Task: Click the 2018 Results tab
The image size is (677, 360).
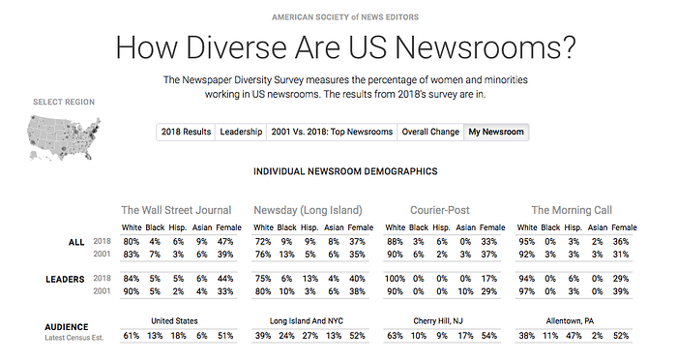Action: (186, 132)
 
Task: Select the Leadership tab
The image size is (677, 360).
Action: (241, 132)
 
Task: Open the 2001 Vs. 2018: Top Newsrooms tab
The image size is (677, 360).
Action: (332, 132)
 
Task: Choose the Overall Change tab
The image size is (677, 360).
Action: (430, 132)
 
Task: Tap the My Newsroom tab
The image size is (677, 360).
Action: (496, 132)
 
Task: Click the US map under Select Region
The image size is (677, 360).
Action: (64, 137)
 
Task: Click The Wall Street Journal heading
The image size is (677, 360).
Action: (176, 210)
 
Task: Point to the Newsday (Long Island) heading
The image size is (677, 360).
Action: (308, 210)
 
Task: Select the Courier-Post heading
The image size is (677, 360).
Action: (439, 210)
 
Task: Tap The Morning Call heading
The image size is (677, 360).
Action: (572, 210)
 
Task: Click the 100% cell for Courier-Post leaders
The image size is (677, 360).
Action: (395, 279)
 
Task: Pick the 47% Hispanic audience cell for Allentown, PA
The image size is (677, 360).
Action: (574, 336)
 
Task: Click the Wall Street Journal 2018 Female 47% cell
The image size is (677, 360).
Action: (225, 242)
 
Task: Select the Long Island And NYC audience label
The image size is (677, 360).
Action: (307, 321)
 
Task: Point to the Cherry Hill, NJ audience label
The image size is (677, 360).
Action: (438, 321)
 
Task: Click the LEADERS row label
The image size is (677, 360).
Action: (65, 280)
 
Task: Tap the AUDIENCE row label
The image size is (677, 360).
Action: (67, 327)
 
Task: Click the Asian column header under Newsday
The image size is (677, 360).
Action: (334, 227)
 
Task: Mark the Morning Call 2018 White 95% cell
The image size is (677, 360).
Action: (527, 242)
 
